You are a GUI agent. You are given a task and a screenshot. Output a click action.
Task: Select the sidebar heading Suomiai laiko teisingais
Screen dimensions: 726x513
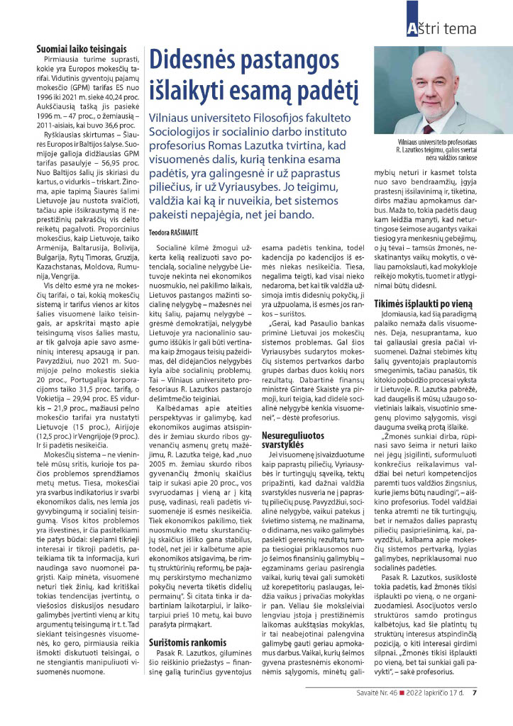point(82,49)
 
